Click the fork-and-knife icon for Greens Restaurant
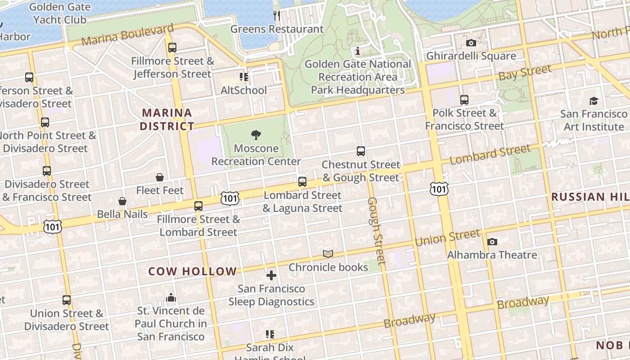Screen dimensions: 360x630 click(x=277, y=16)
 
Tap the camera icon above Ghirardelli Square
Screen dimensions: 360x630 click(x=471, y=43)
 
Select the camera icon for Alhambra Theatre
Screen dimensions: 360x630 click(x=492, y=242)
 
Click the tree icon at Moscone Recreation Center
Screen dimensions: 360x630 click(x=256, y=135)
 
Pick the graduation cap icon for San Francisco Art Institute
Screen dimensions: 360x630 click(x=594, y=101)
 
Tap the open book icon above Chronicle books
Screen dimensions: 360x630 click(x=328, y=254)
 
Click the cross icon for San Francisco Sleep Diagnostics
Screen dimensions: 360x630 click(x=271, y=275)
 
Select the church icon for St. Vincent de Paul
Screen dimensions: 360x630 click(x=171, y=297)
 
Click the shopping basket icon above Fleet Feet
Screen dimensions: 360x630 click(x=160, y=177)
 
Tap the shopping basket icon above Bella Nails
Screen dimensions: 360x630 click(x=122, y=201)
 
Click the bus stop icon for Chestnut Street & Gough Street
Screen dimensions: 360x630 click(x=361, y=151)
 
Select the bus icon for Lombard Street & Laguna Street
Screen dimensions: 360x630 click(x=302, y=182)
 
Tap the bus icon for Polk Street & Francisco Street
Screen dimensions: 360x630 click(x=464, y=100)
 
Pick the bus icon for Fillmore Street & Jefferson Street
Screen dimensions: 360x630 click(x=172, y=48)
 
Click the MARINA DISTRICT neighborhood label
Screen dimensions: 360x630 click(x=167, y=119)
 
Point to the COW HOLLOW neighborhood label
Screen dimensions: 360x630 click(x=193, y=271)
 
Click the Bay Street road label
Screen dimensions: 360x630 click(x=525, y=73)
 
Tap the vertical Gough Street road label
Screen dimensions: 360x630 click(x=377, y=230)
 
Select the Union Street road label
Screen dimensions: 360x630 click(x=447, y=237)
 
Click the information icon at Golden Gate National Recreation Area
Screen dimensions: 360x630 click(x=358, y=51)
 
